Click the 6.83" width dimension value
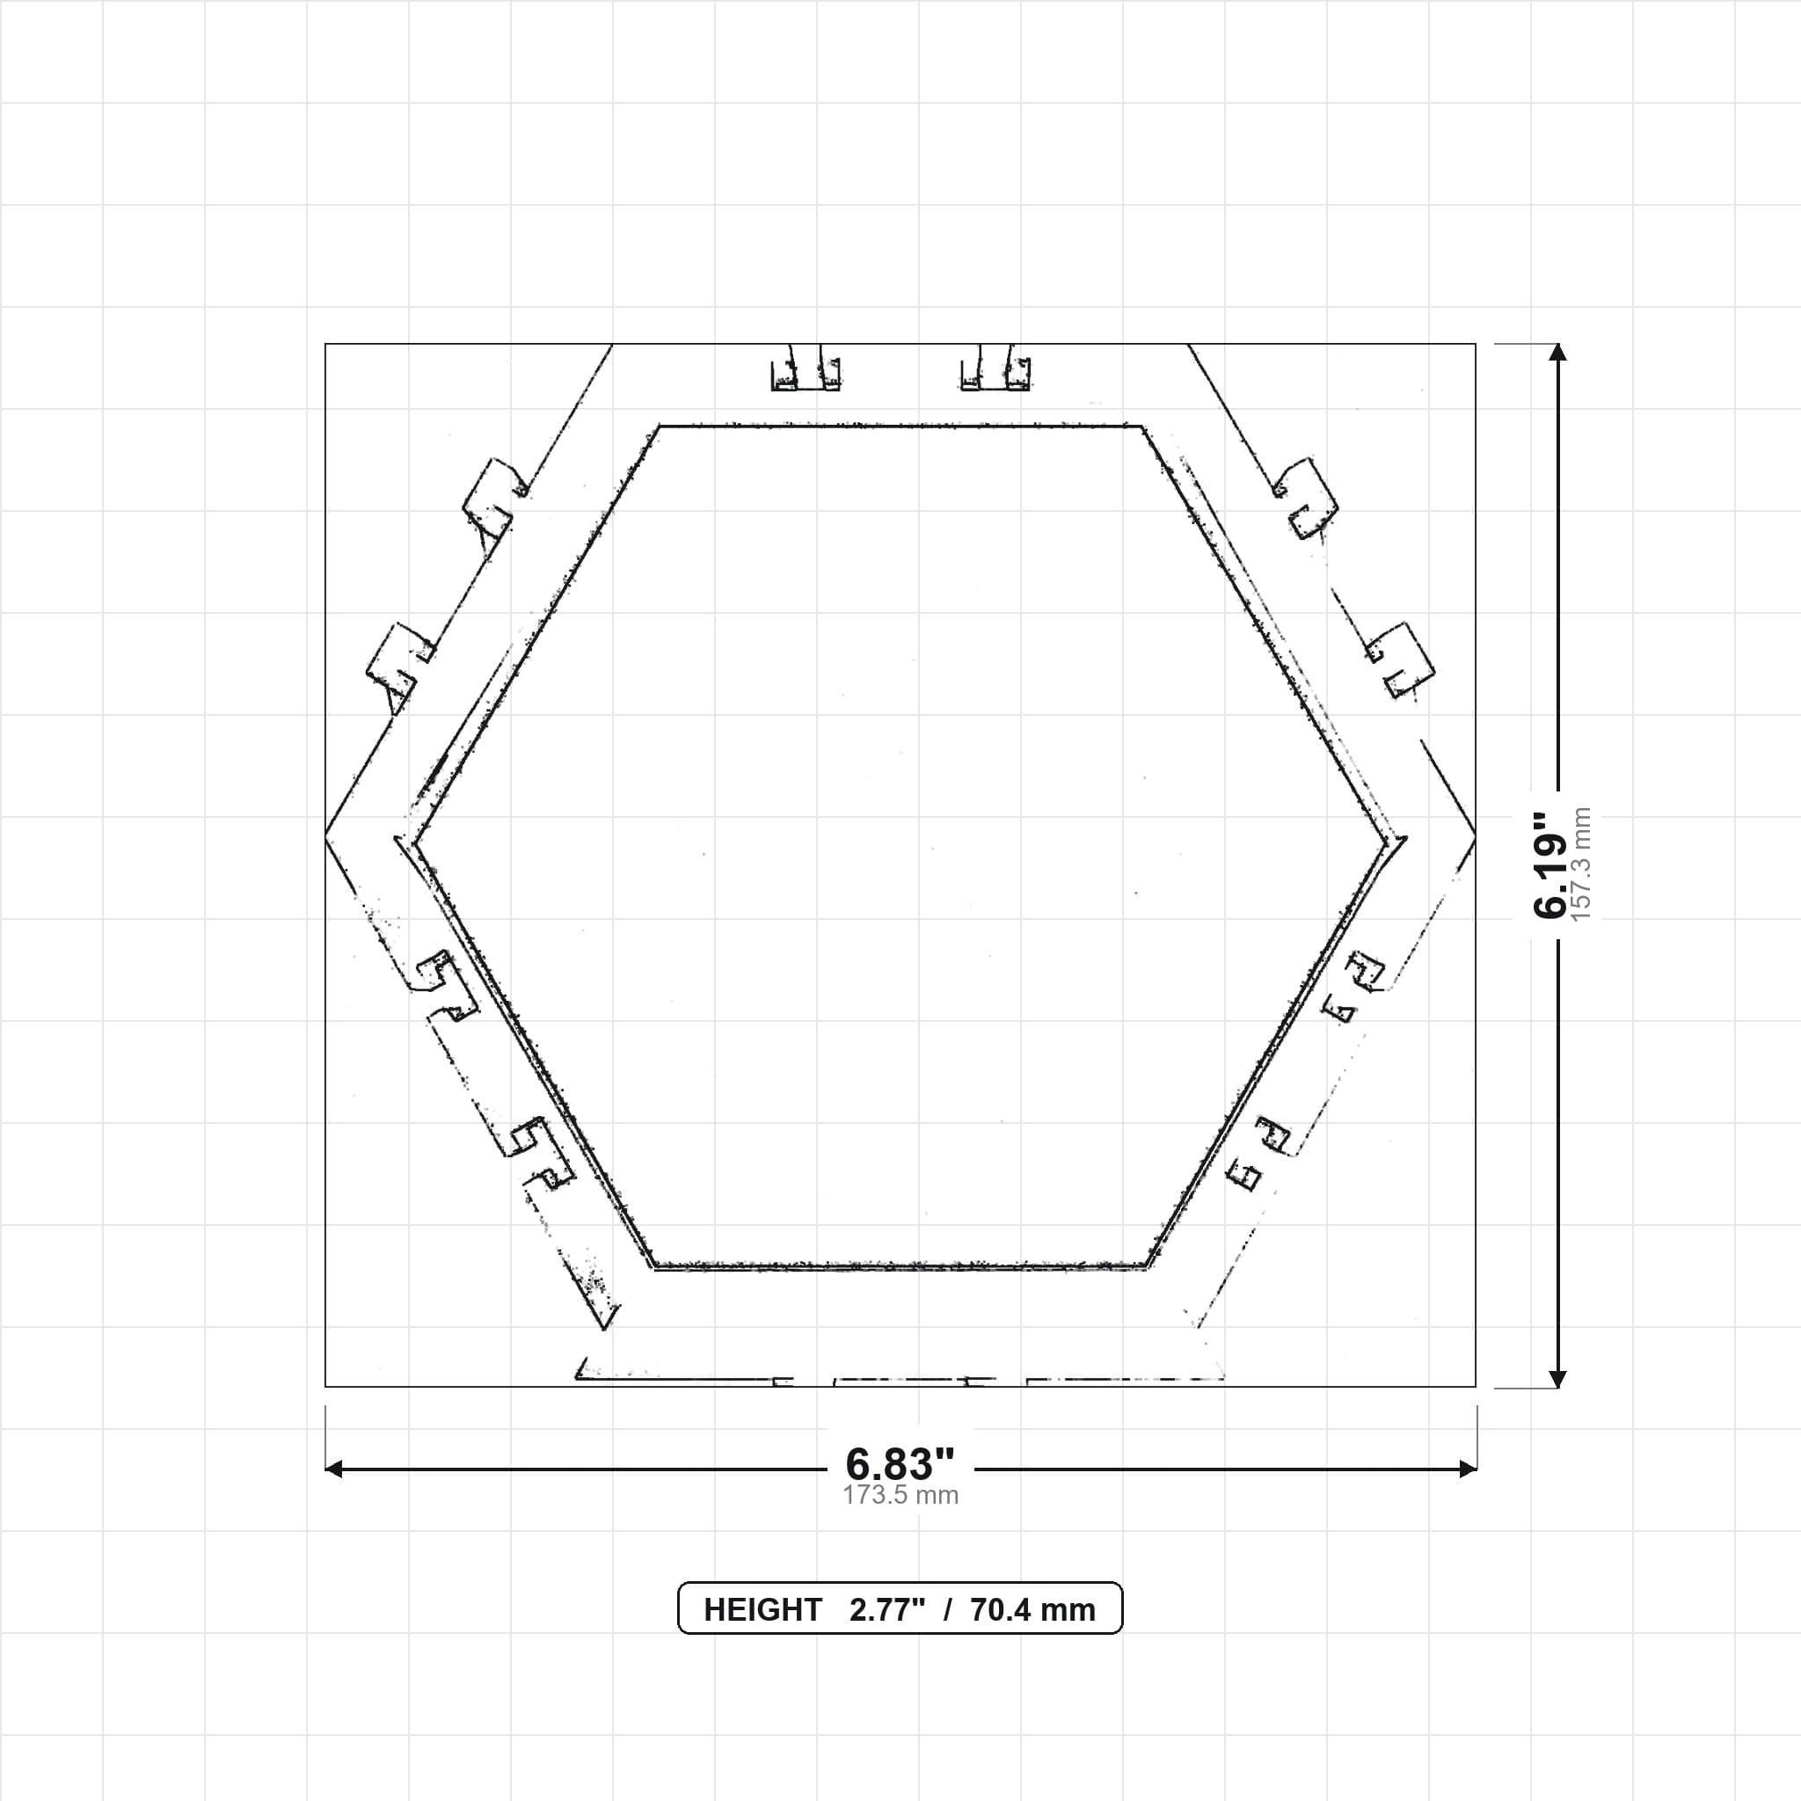pyautogui.click(x=900, y=1463)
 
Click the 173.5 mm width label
pyautogui.click(x=900, y=1495)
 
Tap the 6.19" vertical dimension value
pyautogui.click(x=1550, y=864)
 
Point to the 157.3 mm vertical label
pyautogui.click(x=1582, y=864)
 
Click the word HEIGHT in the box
pyautogui.click(x=762, y=1610)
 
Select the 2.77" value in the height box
pyautogui.click(x=887, y=1610)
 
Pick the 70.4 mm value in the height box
pyautogui.click(x=1033, y=1610)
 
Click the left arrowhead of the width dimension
pyautogui.click(x=333, y=1469)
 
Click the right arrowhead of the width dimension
pyautogui.click(x=1469, y=1469)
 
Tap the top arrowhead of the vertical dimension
pyautogui.click(x=1557, y=353)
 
